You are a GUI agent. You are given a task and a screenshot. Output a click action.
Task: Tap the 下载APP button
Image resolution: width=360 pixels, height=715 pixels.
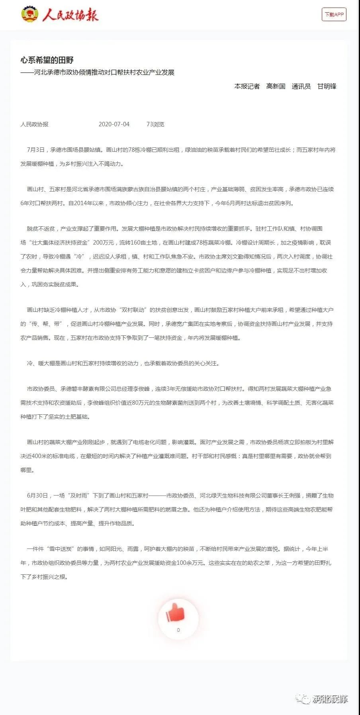point(334,15)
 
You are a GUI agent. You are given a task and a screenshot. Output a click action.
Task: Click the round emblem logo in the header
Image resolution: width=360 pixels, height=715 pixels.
point(29,15)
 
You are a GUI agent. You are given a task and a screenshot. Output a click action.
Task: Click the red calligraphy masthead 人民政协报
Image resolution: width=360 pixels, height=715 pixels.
point(70,15)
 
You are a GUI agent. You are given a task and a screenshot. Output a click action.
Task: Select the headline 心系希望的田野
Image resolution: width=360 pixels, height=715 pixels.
point(47,60)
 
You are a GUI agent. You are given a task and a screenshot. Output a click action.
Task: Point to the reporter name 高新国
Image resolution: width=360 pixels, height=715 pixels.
point(276,86)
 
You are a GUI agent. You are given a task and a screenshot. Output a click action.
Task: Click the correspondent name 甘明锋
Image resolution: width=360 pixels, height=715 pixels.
point(327,86)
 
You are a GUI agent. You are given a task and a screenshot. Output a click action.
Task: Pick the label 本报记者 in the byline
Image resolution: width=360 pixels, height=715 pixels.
point(247,86)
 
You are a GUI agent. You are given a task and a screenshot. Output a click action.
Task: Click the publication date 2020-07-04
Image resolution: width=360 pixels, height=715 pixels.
point(114,124)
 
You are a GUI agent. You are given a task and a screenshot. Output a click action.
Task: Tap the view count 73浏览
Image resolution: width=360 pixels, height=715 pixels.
point(155,124)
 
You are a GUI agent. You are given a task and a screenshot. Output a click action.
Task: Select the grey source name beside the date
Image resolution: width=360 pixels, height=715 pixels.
point(35,124)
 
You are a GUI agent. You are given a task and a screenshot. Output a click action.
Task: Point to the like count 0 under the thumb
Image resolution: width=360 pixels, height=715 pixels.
point(178,630)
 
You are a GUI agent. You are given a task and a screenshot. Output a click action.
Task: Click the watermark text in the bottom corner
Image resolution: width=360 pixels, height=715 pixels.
point(330,699)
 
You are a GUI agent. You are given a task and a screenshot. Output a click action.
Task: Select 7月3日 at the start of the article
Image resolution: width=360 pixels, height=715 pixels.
point(36,150)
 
